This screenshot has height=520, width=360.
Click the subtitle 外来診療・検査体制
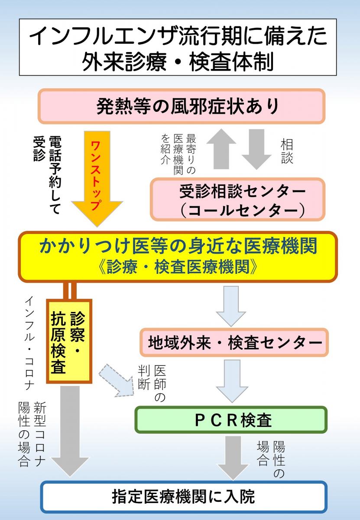pyautogui.click(x=178, y=61)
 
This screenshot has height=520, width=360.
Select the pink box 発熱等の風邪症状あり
pyautogui.click(x=182, y=106)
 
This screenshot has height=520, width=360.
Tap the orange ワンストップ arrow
pyautogui.click(x=97, y=178)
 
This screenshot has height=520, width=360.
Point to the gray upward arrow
pyautogui.click(x=221, y=149)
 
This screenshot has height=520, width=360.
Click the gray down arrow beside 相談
pyautogui.click(x=256, y=149)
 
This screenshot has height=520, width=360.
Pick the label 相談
pyautogui.click(x=287, y=151)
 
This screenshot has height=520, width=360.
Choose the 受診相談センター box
pyautogui.click(x=238, y=199)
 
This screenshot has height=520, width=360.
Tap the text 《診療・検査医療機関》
pyautogui.click(x=178, y=266)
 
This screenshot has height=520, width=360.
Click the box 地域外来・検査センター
pyautogui.click(x=234, y=342)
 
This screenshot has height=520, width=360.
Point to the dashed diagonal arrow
pyautogui.click(x=117, y=380)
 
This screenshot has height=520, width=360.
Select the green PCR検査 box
pyautogui.click(x=231, y=420)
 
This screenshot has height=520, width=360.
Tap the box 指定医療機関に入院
pyautogui.click(x=184, y=497)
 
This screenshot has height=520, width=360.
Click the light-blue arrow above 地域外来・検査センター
pyautogui.click(x=231, y=306)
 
